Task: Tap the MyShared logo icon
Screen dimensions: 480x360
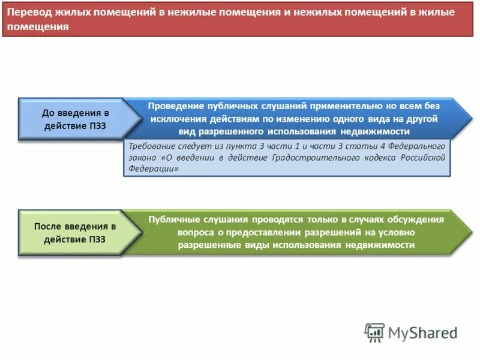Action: (374, 331)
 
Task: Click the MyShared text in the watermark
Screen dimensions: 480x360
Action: (422, 332)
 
